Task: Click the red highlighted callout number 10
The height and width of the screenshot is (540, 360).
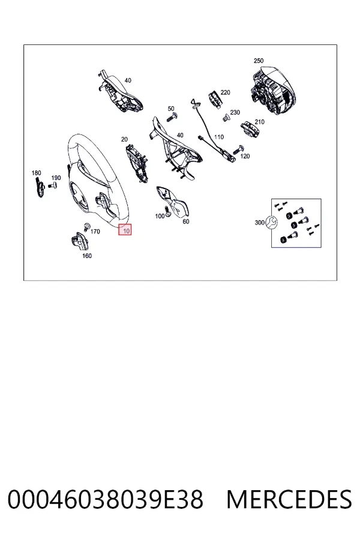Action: [x=125, y=230]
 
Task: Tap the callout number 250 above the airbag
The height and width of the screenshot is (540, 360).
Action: [x=259, y=61]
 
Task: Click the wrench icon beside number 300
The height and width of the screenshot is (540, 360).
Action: [x=271, y=223]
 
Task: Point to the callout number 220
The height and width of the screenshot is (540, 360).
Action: [x=225, y=92]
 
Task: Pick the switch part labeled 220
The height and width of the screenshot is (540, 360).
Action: [x=214, y=99]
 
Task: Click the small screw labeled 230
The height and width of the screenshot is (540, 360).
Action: [x=226, y=118]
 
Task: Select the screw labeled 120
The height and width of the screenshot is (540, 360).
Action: [x=238, y=150]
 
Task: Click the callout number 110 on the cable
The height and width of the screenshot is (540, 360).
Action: [x=219, y=137]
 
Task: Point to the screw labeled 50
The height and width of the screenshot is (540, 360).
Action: [x=172, y=117]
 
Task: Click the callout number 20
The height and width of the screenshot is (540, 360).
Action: [x=124, y=139]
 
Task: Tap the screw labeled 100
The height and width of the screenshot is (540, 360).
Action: [x=167, y=211]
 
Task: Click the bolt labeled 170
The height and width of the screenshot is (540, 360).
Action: [x=87, y=227]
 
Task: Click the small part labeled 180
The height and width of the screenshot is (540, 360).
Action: [x=40, y=188]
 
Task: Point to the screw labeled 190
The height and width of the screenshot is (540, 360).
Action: [x=53, y=185]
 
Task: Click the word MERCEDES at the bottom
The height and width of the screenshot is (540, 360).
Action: [x=289, y=499]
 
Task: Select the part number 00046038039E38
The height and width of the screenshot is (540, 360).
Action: [x=106, y=499]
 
